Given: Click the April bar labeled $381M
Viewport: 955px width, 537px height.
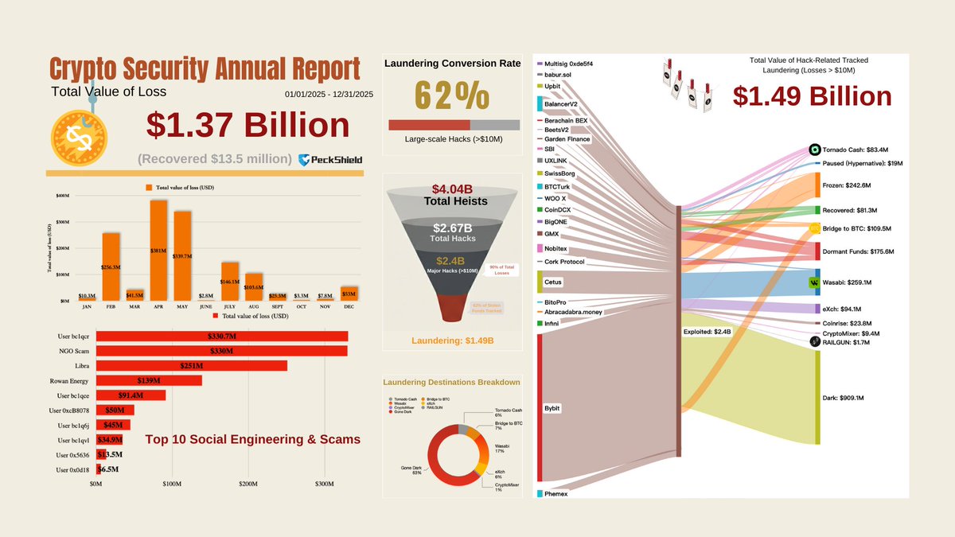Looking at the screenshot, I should (x=158, y=250).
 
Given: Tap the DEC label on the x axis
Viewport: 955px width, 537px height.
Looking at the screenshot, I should (x=349, y=305).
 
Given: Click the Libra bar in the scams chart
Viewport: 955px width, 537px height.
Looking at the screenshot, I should (x=191, y=365).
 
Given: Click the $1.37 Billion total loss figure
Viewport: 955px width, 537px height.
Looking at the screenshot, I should (x=248, y=126).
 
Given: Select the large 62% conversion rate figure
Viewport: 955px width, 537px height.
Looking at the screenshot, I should (x=452, y=96).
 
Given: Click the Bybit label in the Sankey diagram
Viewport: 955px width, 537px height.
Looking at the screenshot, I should (x=553, y=407).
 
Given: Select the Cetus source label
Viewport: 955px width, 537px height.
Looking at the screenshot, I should (x=553, y=282).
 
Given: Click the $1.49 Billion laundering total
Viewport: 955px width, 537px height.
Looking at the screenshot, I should (x=812, y=96).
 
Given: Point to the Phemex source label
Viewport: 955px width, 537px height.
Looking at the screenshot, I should (x=557, y=494).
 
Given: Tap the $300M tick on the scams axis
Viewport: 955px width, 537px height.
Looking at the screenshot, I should (x=324, y=484).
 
